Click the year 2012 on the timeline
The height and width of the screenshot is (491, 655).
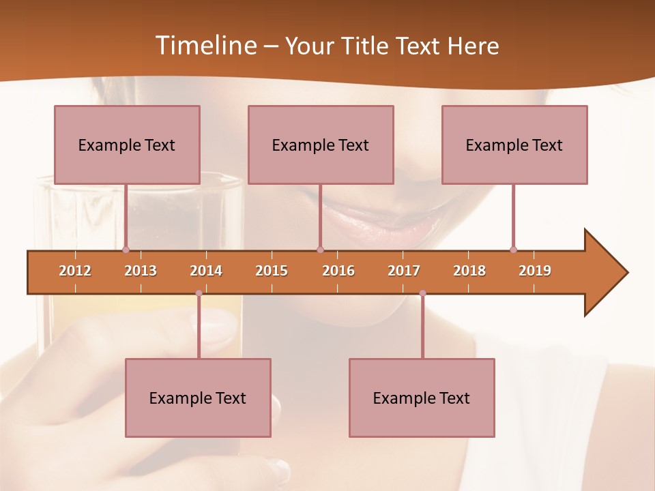[75, 271]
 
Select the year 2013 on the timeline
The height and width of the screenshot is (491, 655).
[141, 271]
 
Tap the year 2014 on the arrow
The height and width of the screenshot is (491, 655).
[206, 271]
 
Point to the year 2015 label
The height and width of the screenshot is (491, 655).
[272, 271]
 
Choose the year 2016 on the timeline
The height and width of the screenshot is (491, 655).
[338, 271]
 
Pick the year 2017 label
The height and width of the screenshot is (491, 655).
[404, 271]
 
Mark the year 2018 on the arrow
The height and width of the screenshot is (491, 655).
[469, 271]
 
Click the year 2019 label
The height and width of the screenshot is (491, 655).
[535, 271]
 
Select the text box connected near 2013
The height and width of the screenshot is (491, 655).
[127, 145]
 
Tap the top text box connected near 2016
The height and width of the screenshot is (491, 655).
[321, 145]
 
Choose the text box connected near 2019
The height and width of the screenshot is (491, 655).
[514, 145]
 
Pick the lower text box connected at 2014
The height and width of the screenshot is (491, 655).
[198, 398]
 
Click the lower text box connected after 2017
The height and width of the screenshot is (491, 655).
[422, 398]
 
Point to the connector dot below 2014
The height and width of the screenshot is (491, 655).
[199, 293]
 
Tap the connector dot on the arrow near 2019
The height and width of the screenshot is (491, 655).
[513, 250]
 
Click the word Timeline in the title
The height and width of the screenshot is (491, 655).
[205, 46]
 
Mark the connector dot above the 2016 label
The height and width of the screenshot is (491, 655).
[320, 250]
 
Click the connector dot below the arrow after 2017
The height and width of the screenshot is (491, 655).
[422, 293]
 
